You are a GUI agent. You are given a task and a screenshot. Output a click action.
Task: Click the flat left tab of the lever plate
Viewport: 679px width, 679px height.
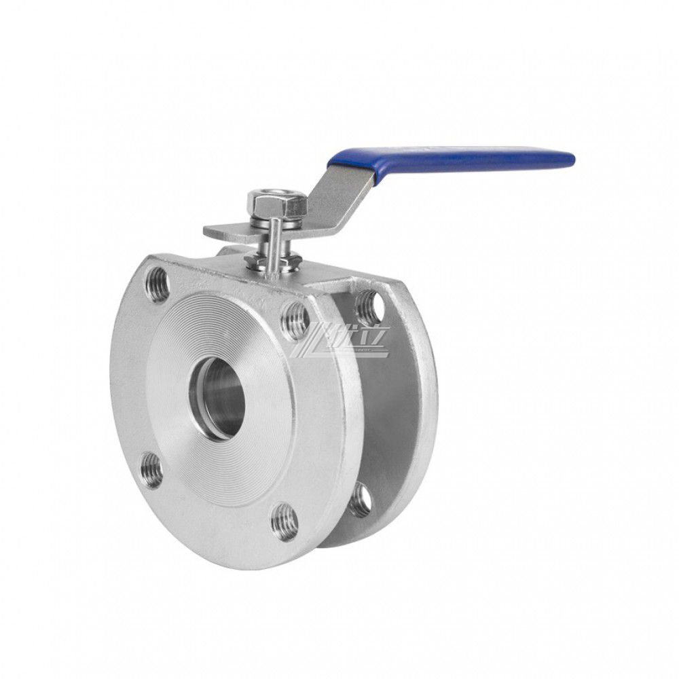tap(221, 232)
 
